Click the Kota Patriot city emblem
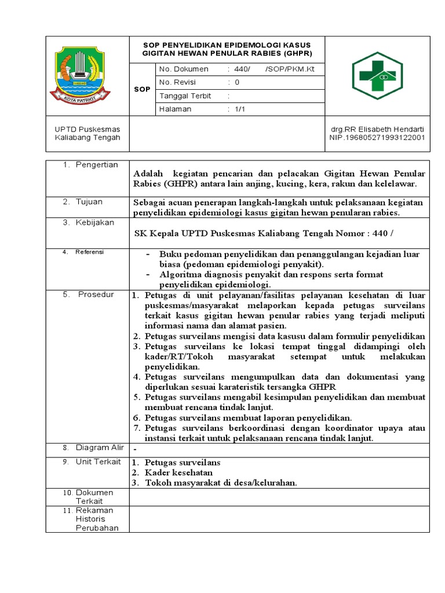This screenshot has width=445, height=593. click(x=81, y=75)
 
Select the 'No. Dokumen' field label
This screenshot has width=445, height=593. click(x=184, y=69)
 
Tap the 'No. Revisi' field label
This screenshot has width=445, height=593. click(x=178, y=82)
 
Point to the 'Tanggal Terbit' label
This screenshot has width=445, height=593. click(x=185, y=96)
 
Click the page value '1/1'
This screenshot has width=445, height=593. click(x=240, y=109)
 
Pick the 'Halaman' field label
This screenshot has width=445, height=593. click(x=175, y=109)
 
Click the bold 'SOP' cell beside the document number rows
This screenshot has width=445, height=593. click(x=142, y=89)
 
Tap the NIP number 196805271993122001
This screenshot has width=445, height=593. click(x=377, y=138)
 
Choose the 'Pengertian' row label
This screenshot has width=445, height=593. click(x=97, y=165)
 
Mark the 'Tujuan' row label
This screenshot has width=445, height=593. click(x=89, y=202)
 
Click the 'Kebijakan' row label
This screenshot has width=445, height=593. click(x=95, y=223)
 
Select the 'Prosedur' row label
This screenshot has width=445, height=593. click(x=96, y=295)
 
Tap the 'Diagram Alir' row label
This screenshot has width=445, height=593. click(x=100, y=448)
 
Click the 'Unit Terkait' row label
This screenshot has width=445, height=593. click(x=98, y=462)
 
